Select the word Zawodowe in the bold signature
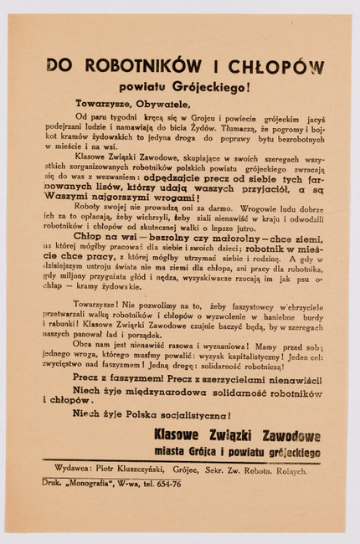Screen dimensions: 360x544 [x=284, y=435]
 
